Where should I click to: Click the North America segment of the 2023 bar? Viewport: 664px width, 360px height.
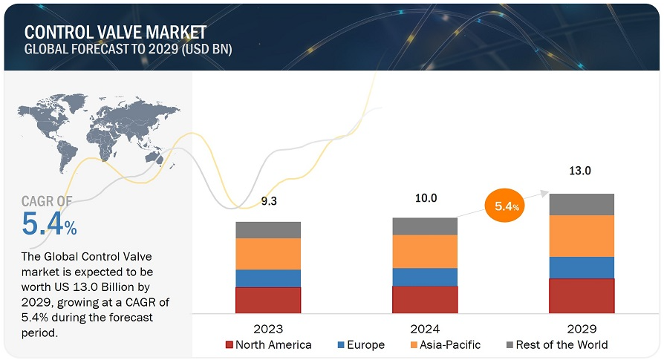click(268, 299)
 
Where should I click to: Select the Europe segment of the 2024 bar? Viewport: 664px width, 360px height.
click(425, 277)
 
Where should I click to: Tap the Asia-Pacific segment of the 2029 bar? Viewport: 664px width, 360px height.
click(582, 236)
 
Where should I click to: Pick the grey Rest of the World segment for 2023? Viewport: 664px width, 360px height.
click(268, 229)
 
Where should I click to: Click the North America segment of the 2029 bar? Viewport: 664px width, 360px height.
click(582, 295)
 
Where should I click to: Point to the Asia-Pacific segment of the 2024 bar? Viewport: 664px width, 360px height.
click(425, 252)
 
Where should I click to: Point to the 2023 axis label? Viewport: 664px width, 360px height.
click(268, 328)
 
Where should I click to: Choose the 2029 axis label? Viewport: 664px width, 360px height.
click(582, 328)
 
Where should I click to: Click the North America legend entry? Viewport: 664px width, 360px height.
click(269, 344)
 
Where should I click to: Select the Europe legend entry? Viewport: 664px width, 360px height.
click(360, 344)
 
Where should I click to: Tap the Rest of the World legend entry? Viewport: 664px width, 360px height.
click(556, 344)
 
